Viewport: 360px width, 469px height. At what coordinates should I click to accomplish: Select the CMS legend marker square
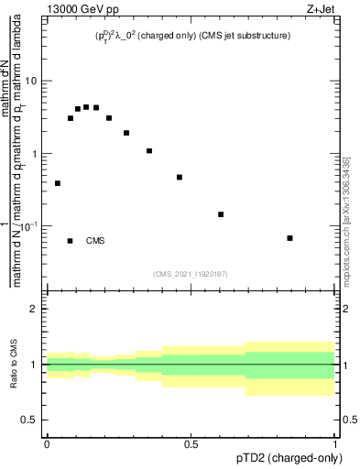coord(71,241)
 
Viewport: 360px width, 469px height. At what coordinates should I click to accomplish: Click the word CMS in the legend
coord(95,241)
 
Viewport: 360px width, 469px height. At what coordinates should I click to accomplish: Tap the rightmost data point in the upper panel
coord(289,238)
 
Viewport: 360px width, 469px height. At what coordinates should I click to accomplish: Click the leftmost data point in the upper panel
coord(58,183)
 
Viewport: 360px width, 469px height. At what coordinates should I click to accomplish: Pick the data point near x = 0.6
coord(221,214)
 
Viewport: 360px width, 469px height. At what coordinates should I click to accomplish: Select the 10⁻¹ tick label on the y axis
coord(33,225)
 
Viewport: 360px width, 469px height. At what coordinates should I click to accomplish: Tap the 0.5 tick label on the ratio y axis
coord(34,420)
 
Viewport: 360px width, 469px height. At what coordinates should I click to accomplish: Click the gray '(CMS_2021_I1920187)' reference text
coord(191,273)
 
